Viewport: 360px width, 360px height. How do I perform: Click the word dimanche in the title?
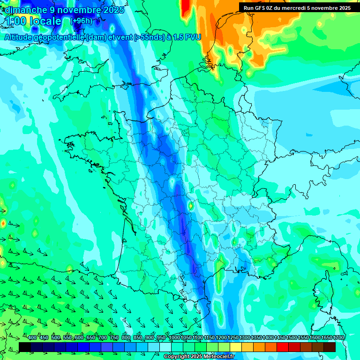coord(26,10)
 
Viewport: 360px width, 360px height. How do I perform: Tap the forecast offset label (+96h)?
coord(81,21)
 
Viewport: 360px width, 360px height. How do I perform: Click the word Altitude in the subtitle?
coord(20,37)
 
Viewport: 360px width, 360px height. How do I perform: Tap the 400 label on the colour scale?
coord(32,338)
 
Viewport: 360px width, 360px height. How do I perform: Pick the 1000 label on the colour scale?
coord(174,338)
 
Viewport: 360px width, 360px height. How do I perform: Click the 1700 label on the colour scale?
coord(338,338)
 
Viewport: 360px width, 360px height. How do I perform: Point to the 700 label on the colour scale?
coord(103,338)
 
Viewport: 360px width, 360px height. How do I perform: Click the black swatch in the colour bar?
coord(25,347)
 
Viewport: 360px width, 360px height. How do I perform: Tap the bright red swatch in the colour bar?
coord(283,347)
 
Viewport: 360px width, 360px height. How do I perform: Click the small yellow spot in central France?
coord(191,205)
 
